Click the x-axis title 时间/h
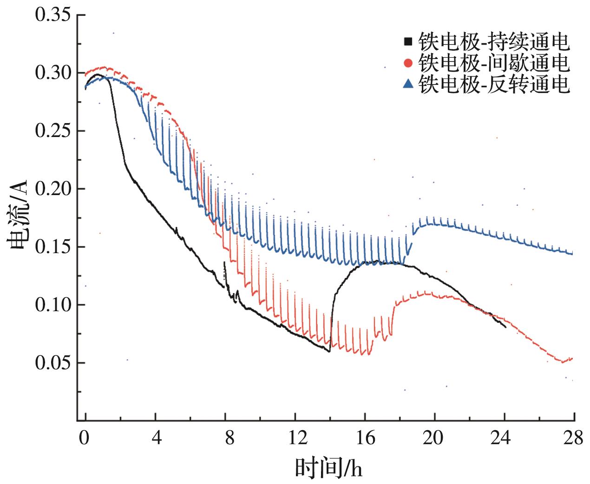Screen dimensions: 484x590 point(328,468)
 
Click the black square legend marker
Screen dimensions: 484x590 point(408,42)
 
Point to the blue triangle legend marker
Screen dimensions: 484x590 point(408,84)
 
